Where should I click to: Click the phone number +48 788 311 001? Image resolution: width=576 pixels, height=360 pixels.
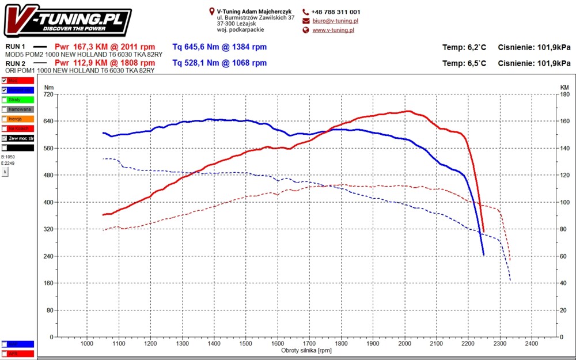pyautogui.click(x=336, y=12)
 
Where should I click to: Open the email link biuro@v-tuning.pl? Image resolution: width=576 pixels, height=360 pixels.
pyautogui.click(x=335, y=21)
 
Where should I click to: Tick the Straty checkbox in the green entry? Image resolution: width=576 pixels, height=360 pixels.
pyautogui.click(x=5, y=100)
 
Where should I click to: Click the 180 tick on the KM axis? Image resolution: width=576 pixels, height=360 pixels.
pyautogui.click(x=564, y=94)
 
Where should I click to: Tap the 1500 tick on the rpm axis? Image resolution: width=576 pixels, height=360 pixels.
pyautogui.click(x=246, y=343)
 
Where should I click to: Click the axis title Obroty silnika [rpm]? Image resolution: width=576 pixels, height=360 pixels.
pyautogui.click(x=306, y=350)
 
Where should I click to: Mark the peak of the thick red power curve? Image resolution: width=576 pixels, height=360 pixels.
pyautogui.click(x=408, y=111)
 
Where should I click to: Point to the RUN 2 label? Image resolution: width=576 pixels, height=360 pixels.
pyautogui.click(x=16, y=63)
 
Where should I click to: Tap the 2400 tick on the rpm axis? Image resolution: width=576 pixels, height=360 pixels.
pyautogui.click(x=532, y=343)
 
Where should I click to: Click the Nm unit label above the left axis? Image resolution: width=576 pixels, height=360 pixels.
pyautogui.click(x=49, y=87)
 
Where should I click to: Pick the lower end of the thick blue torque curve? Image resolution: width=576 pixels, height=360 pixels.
pyautogui.click(x=483, y=255)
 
